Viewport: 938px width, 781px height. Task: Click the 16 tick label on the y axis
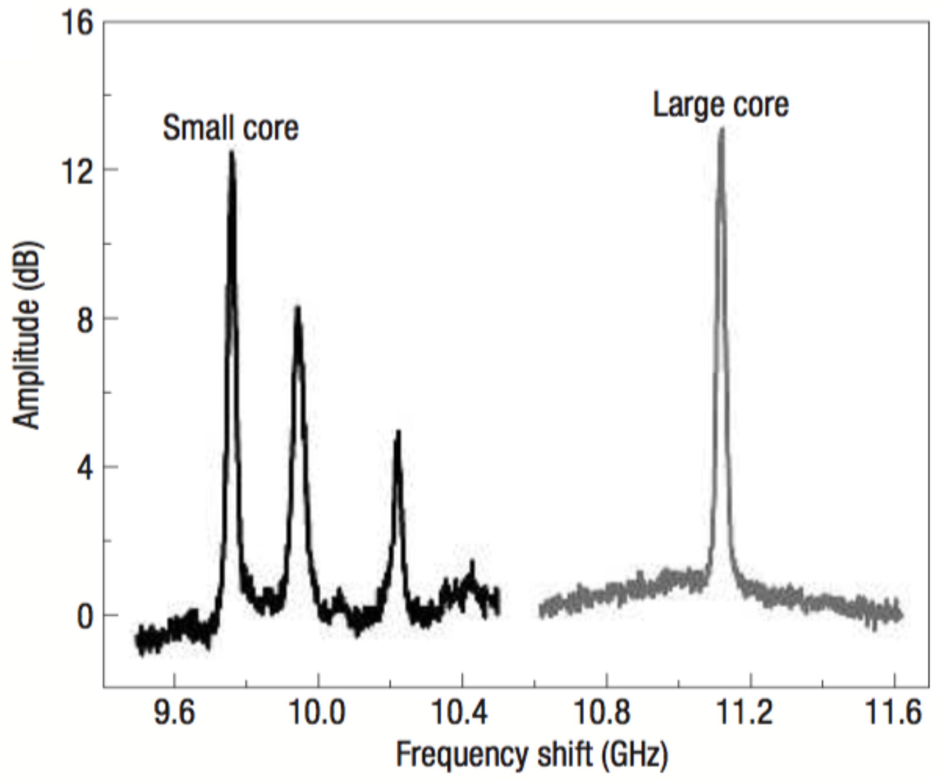[77, 23]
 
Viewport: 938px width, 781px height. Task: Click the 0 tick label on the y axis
[85, 616]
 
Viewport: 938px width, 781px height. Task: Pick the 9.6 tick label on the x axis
[174, 712]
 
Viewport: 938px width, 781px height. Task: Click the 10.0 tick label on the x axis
[317, 712]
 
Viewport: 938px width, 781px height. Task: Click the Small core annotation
[231, 128]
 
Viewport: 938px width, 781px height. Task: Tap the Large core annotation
[721, 105]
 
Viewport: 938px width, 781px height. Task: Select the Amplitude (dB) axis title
[27, 335]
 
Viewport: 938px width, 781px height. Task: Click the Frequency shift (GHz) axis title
[531, 755]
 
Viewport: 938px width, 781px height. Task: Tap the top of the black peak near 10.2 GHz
[398, 432]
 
